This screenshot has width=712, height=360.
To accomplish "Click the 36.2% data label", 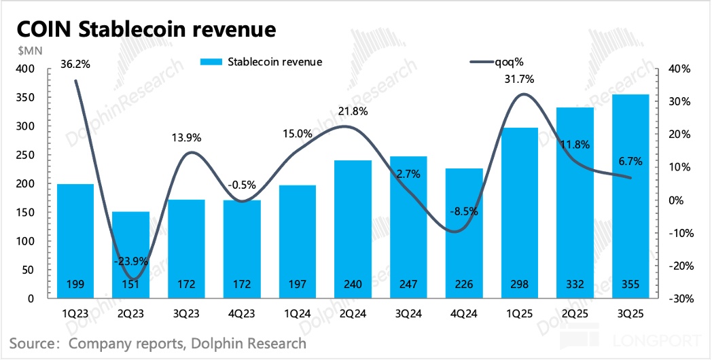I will [76, 65].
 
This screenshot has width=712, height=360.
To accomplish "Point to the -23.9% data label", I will [130, 242].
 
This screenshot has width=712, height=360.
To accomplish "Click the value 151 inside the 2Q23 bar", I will [130, 284].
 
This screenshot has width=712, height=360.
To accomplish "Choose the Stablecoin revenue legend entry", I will [262, 62].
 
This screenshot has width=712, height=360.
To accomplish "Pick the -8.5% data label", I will [464, 211].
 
